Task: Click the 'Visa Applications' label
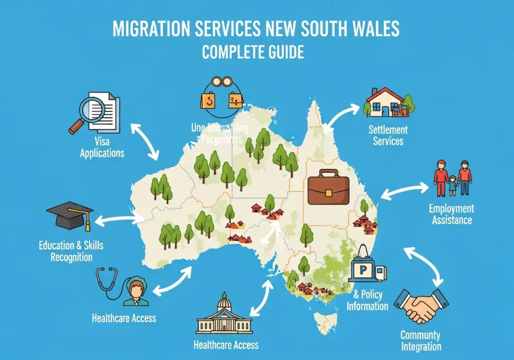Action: [x=102, y=147]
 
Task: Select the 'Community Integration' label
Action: [x=421, y=340]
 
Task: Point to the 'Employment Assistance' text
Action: [x=451, y=214]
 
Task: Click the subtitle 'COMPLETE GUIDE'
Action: [x=252, y=52]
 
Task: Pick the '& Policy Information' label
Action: [x=367, y=300]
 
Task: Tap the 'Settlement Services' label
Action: [x=388, y=135]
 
